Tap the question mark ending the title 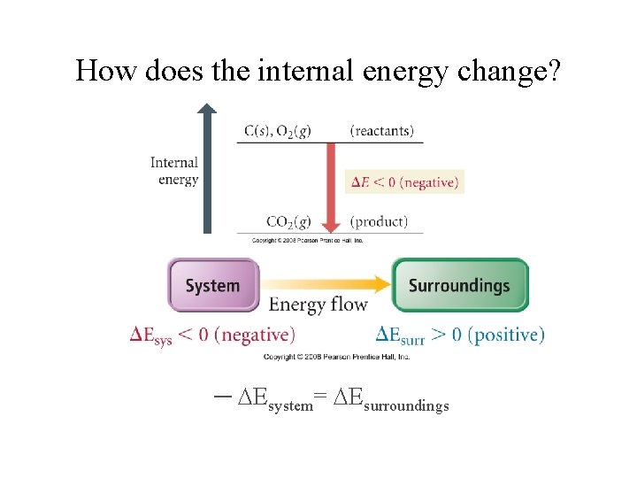click(553, 70)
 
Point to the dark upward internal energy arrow click(206, 168)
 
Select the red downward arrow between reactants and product click(330, 185)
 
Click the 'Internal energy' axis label click(174, 171)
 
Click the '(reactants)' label click(381, 131)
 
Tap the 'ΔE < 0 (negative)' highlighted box click(404, 182)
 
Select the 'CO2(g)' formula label click(288, 221)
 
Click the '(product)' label click(379, 221)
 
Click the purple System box click(212, 285)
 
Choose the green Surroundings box click(459, 285)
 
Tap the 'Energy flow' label click(318, 305)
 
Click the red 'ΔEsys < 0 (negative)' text click(212, 335)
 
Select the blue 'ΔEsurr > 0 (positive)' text click(460, 335)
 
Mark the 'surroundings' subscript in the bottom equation click(406, 406)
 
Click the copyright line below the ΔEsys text click(336, 357)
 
